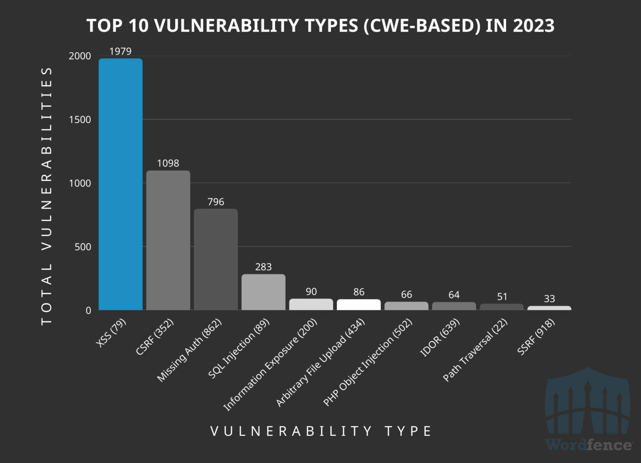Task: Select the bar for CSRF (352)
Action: [168, 240]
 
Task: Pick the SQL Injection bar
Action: [263, 292]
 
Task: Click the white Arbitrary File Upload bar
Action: [359, 304]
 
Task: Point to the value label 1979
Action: [120, 51]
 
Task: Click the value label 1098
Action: [168, 163]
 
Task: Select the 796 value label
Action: [216, 202]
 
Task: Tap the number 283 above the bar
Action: [263, 267]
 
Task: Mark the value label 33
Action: [549, 299]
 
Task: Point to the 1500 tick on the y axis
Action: [80, 120]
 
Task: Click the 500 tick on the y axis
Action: [83, 247]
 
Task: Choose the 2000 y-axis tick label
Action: [80, 56]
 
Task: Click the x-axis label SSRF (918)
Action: [536, 337]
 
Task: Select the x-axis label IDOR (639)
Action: [440, 337]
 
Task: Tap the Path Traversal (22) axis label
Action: [475, 350]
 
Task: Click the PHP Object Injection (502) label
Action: [368, 362]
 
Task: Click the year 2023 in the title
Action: [534, 25]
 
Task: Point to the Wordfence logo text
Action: [588, 445]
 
